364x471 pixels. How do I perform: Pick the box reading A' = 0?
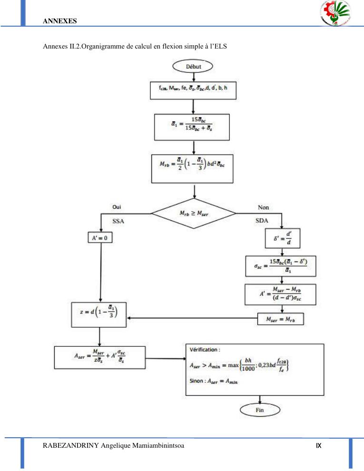tap(100, 236)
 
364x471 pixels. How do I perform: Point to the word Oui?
tap(116, 207)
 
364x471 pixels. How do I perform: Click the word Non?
tap(263, 207)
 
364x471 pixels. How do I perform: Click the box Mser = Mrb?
tap(280, 319)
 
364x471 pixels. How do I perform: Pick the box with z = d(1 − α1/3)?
tap(99, 314)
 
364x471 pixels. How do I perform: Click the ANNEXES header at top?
tap(59, 21)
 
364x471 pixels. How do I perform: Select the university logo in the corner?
tap(336, 13)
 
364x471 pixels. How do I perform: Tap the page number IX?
tap(319, 446)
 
